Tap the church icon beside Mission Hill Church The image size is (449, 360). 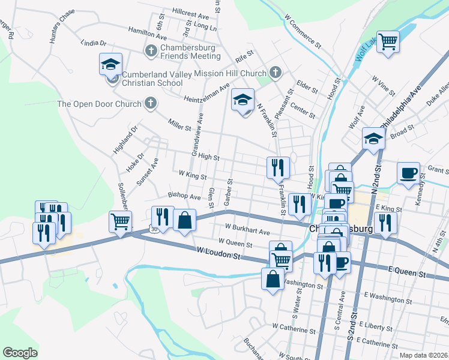[276, 72]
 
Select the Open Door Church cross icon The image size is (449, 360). [151, 104]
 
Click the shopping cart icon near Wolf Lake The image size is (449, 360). [388, 41]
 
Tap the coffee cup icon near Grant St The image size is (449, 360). [409, 173]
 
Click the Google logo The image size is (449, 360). [20, 353]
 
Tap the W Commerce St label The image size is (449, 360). [303, 33]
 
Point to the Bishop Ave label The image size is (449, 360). [184, 197]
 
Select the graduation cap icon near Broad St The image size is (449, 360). [373, 139]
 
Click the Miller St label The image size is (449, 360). [179, 127]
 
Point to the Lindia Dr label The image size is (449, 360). [93, 43]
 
